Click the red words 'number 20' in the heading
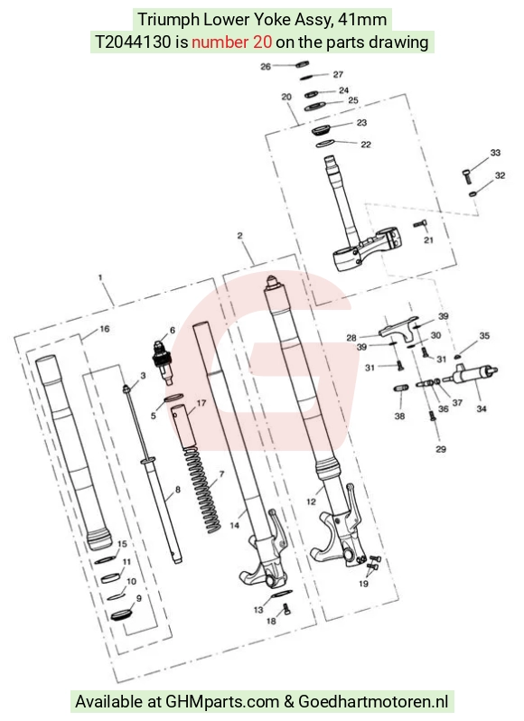tap(231, 42)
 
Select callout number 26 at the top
tap(266, 67)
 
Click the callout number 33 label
tap(495, 152)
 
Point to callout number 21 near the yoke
tap(428, 239)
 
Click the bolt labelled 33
tap(467, 175)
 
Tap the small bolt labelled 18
tap(285, 609)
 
